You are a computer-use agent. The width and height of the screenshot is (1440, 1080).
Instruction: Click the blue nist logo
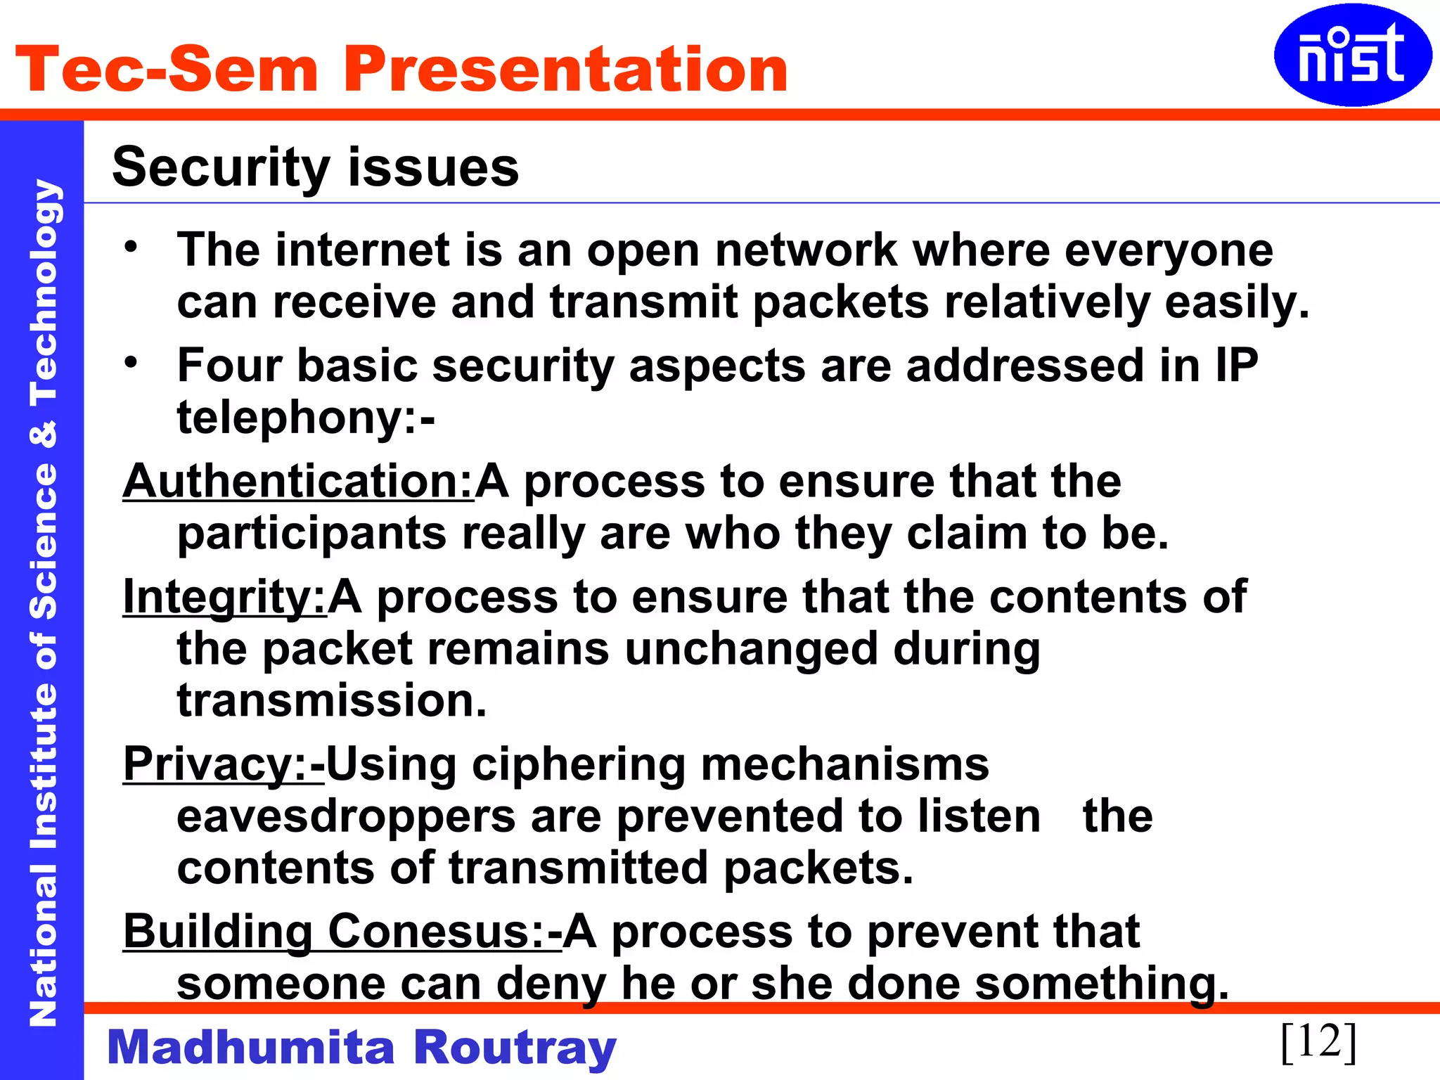click(1351, 55)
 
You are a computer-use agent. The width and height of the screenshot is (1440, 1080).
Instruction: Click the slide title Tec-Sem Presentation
click(401, 69)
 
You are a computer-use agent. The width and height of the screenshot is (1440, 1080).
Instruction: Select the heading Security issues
click(315, 167)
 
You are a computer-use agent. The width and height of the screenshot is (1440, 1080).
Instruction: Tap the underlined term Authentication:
click(298, 482)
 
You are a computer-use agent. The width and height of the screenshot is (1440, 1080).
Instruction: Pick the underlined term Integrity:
click(224, 597)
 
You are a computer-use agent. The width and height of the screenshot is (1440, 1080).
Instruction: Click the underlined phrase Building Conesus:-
click(342, 932)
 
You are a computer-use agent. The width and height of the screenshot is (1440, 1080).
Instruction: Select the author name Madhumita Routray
click(361, 1047)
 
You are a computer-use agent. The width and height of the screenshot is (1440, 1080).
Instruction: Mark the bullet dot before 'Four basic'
click(131, 362)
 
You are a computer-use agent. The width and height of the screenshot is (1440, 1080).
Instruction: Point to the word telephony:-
click(306, 418)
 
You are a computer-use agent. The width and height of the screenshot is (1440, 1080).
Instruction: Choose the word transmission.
click(331, 701)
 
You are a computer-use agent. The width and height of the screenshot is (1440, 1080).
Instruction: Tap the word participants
click(311, 534)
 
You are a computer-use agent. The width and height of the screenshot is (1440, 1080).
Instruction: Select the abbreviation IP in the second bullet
click(1235, 366)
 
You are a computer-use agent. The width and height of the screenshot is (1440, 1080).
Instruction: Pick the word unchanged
click(751, 649)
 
